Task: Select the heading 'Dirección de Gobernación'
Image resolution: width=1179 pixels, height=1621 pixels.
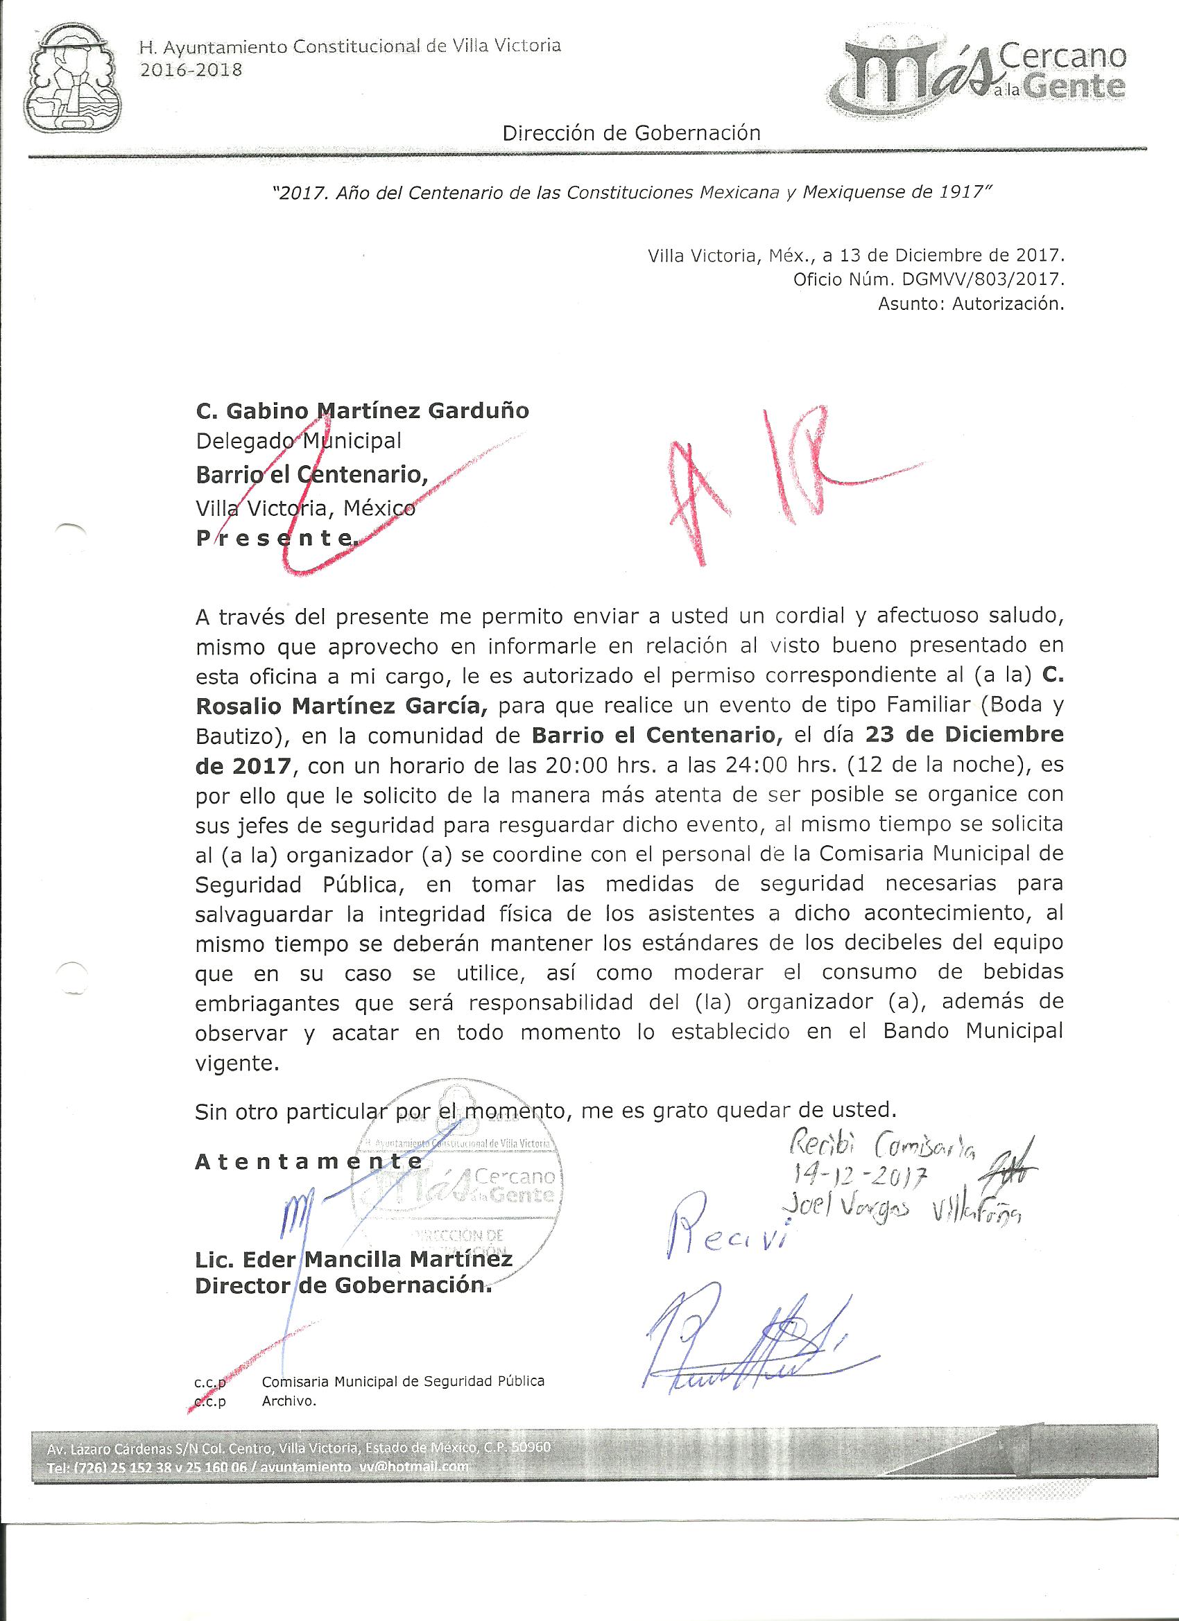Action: click(x=631, y=133)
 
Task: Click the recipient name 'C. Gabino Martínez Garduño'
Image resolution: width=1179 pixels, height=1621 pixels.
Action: click(x=363, y=412)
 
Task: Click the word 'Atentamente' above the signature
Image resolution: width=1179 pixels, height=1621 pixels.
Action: click(x=309, y=1162)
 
